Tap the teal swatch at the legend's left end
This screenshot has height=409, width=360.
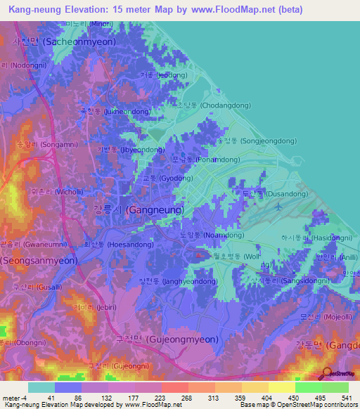[x=41, y=387]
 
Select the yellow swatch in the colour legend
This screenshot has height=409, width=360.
[x=282, y=387]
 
